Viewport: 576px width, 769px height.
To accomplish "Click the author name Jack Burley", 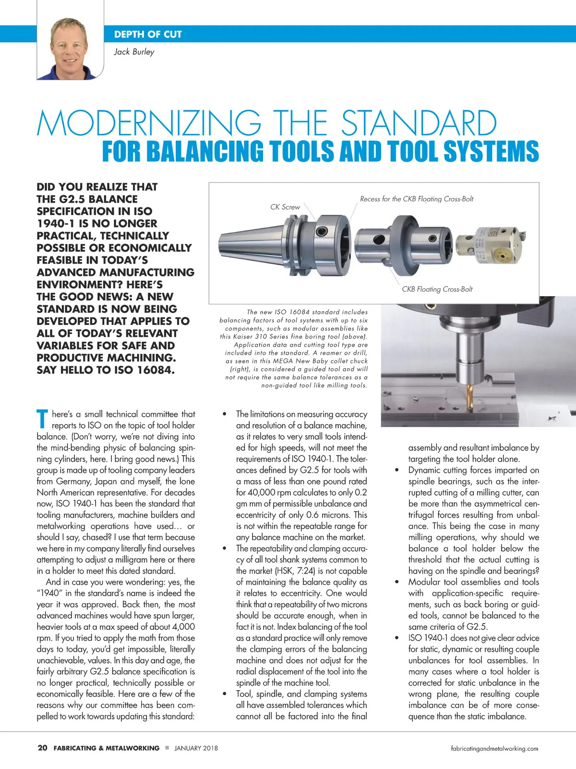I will point(134,52).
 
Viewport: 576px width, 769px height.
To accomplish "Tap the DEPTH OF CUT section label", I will point(148,35).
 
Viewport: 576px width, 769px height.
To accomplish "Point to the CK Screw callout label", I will point(285,207).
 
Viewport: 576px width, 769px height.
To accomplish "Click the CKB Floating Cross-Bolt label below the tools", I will point(437,289).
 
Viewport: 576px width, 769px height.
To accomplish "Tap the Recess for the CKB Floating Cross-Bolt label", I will point(417,199).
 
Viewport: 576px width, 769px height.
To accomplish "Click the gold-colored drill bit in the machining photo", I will point(471,396).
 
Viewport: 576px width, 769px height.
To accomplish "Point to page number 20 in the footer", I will point(42,748).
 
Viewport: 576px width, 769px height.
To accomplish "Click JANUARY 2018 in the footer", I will point(196,748).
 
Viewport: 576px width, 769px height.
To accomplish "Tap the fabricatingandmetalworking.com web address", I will point(494,748).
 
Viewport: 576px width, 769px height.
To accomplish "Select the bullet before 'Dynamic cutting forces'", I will point(397,470).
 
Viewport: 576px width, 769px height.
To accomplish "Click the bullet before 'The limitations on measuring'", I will point(225,414).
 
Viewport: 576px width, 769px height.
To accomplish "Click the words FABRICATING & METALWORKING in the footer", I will point(107,748).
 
